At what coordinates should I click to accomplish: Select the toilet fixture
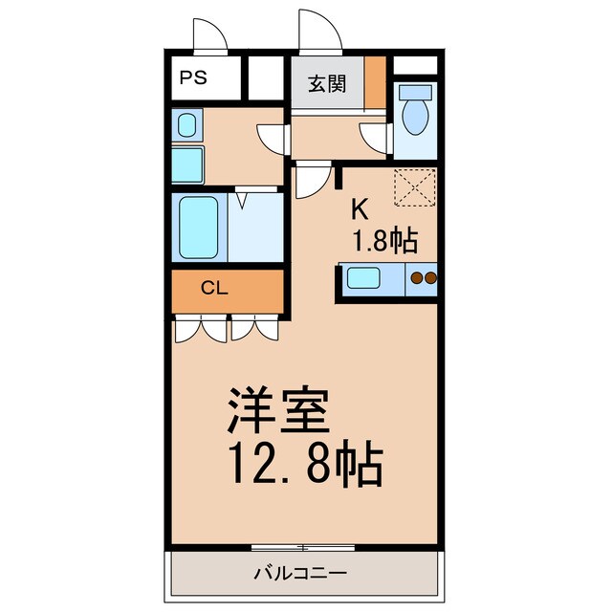[415, 112]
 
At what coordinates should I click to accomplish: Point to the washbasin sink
[186, 125]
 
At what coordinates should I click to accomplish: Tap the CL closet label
[213, 287]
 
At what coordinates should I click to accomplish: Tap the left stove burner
[416, 279]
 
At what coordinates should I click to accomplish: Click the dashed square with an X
[415, 186]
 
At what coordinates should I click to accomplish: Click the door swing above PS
[208, 35]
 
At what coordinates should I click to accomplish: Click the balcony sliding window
[303, 548]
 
